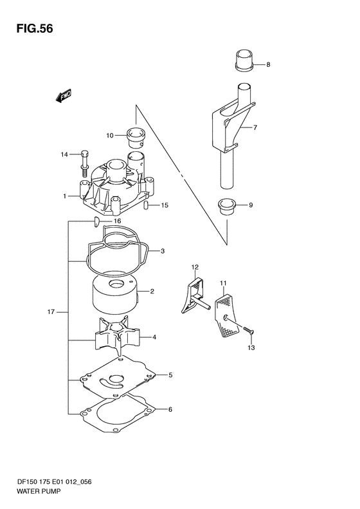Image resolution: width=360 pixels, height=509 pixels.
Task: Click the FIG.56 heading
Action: click(x=35, y=29)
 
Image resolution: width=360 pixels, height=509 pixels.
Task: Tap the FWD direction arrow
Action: click(x=63, y=96)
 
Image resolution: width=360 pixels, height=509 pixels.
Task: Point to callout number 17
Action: click(x=51, y=312)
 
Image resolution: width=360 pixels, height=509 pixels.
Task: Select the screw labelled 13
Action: click(x=248, y=330)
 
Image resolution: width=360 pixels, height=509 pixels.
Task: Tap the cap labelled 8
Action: click(x=244, y=60)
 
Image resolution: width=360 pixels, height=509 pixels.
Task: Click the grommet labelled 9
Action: click(x=226, y=207)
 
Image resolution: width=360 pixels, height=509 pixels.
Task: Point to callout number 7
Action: click(x=255, y=127)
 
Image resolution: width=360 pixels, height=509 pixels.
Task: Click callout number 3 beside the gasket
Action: click(x=163, y=251)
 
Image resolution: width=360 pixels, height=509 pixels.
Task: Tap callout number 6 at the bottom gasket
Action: click(x=170, y=409)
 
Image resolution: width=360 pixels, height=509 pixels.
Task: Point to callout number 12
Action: click(x=195, y=267)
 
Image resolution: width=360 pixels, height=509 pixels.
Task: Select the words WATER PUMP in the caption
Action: click(x=39, y=492)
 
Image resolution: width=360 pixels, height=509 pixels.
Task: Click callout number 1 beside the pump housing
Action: click(x=65, y=196)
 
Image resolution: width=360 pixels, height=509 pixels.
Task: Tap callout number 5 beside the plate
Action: click(x=170, y=375)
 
